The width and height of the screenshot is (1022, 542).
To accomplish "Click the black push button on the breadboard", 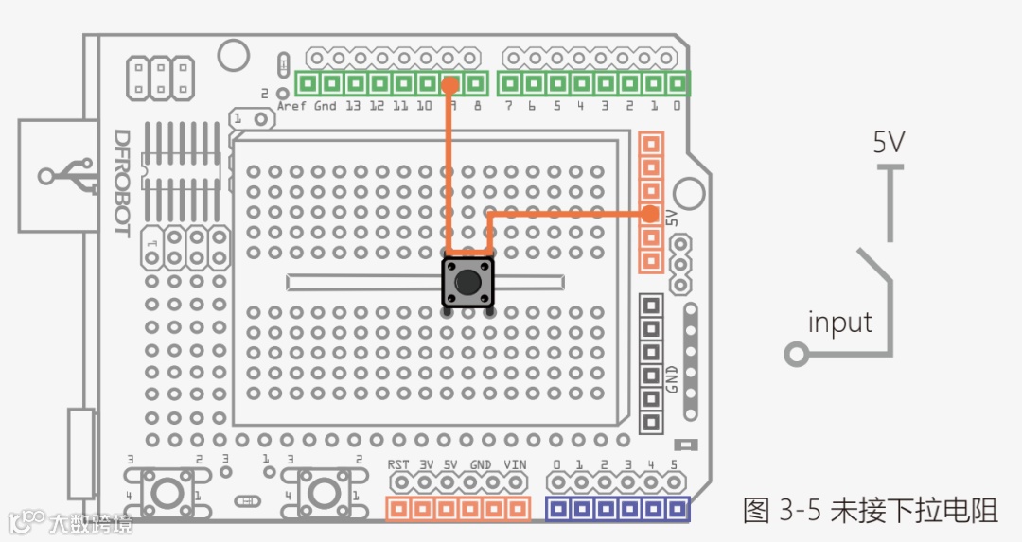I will [467, 282].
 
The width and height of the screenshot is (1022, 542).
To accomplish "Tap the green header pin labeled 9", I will [451, 83].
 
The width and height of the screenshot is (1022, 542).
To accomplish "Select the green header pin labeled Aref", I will [307, 83].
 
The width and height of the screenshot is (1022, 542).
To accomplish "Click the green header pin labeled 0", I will [677, 83].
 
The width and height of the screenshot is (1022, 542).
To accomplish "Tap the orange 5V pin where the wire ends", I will [650, 214].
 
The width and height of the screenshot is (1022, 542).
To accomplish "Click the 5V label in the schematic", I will [888, 143].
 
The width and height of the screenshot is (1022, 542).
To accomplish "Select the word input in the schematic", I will [839, 323].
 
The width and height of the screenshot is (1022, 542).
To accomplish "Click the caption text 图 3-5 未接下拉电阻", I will [870, 512].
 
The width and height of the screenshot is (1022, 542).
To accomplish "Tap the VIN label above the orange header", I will [515, 464].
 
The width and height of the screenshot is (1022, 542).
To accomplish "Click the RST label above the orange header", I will [398, 464].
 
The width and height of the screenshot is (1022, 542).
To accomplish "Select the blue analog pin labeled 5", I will [676, 509].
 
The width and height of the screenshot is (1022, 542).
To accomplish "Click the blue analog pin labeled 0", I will [558, 509].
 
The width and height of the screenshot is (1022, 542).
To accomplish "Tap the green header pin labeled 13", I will [354, 83].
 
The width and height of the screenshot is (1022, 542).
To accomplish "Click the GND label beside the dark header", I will [672, 378].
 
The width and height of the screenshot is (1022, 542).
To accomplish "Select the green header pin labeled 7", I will [509, 83].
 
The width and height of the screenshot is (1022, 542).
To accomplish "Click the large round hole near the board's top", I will [233, 55].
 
